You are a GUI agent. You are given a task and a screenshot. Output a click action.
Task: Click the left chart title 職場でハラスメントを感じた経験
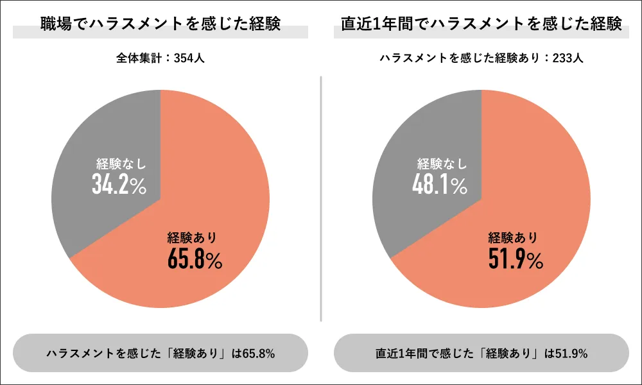pos(160,24)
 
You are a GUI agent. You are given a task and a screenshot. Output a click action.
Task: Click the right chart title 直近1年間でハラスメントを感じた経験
pos(481,24)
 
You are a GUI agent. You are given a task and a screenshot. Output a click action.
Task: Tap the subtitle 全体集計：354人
pos(160,58)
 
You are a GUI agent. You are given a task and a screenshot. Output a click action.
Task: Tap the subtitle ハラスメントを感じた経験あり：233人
pos(481,58)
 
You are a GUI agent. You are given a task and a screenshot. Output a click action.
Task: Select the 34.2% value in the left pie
pos(119,185)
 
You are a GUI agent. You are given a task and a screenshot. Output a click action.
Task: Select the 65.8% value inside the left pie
pos(195,259)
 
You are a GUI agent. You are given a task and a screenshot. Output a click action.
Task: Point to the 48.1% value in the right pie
pos(440,185)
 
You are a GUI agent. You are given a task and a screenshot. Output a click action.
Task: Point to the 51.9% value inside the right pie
pos(516,259)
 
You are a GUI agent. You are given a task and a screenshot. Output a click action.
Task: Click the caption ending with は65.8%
pos(160,354)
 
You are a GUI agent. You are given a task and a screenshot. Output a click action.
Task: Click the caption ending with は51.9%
pos(481,354)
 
